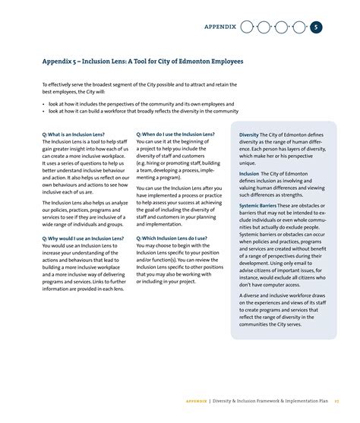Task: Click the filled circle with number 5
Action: click(316, 27)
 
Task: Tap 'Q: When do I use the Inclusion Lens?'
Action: click(175, 134)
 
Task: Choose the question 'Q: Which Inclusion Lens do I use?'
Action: click(172, 238)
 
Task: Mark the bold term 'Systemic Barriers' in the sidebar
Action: click(257, 206)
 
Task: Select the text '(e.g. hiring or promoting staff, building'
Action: click(178, 163)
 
